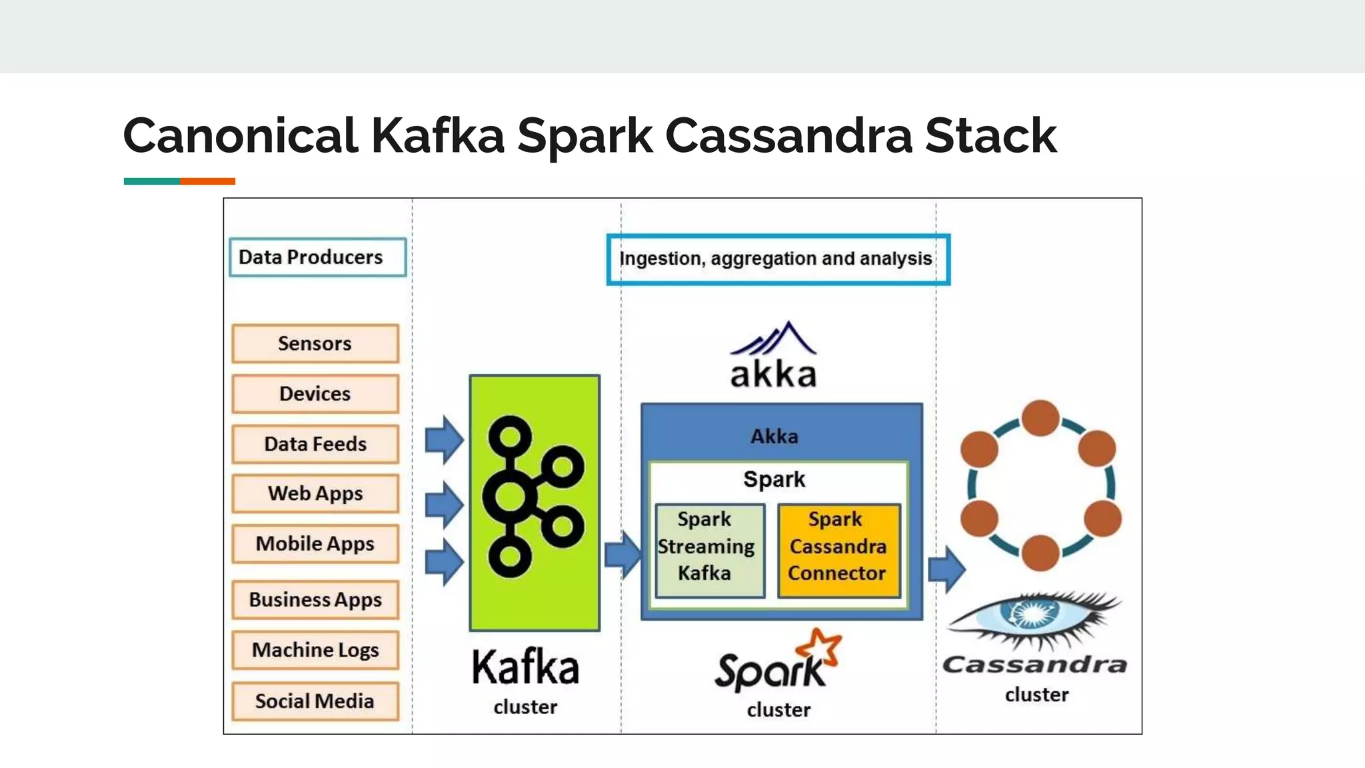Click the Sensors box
point(315,343)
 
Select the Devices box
point(315,393)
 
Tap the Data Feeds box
point(315,444)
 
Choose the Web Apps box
point(315,493)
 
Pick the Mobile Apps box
point(315,544)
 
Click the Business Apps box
point(315,600)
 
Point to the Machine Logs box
point(315,650)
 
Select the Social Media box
point(315,701)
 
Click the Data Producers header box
point(317,257)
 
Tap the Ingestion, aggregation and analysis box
point(778,259)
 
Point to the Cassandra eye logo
point(1033,617)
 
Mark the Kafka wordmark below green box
point(525,668)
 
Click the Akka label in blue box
point(774,437)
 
